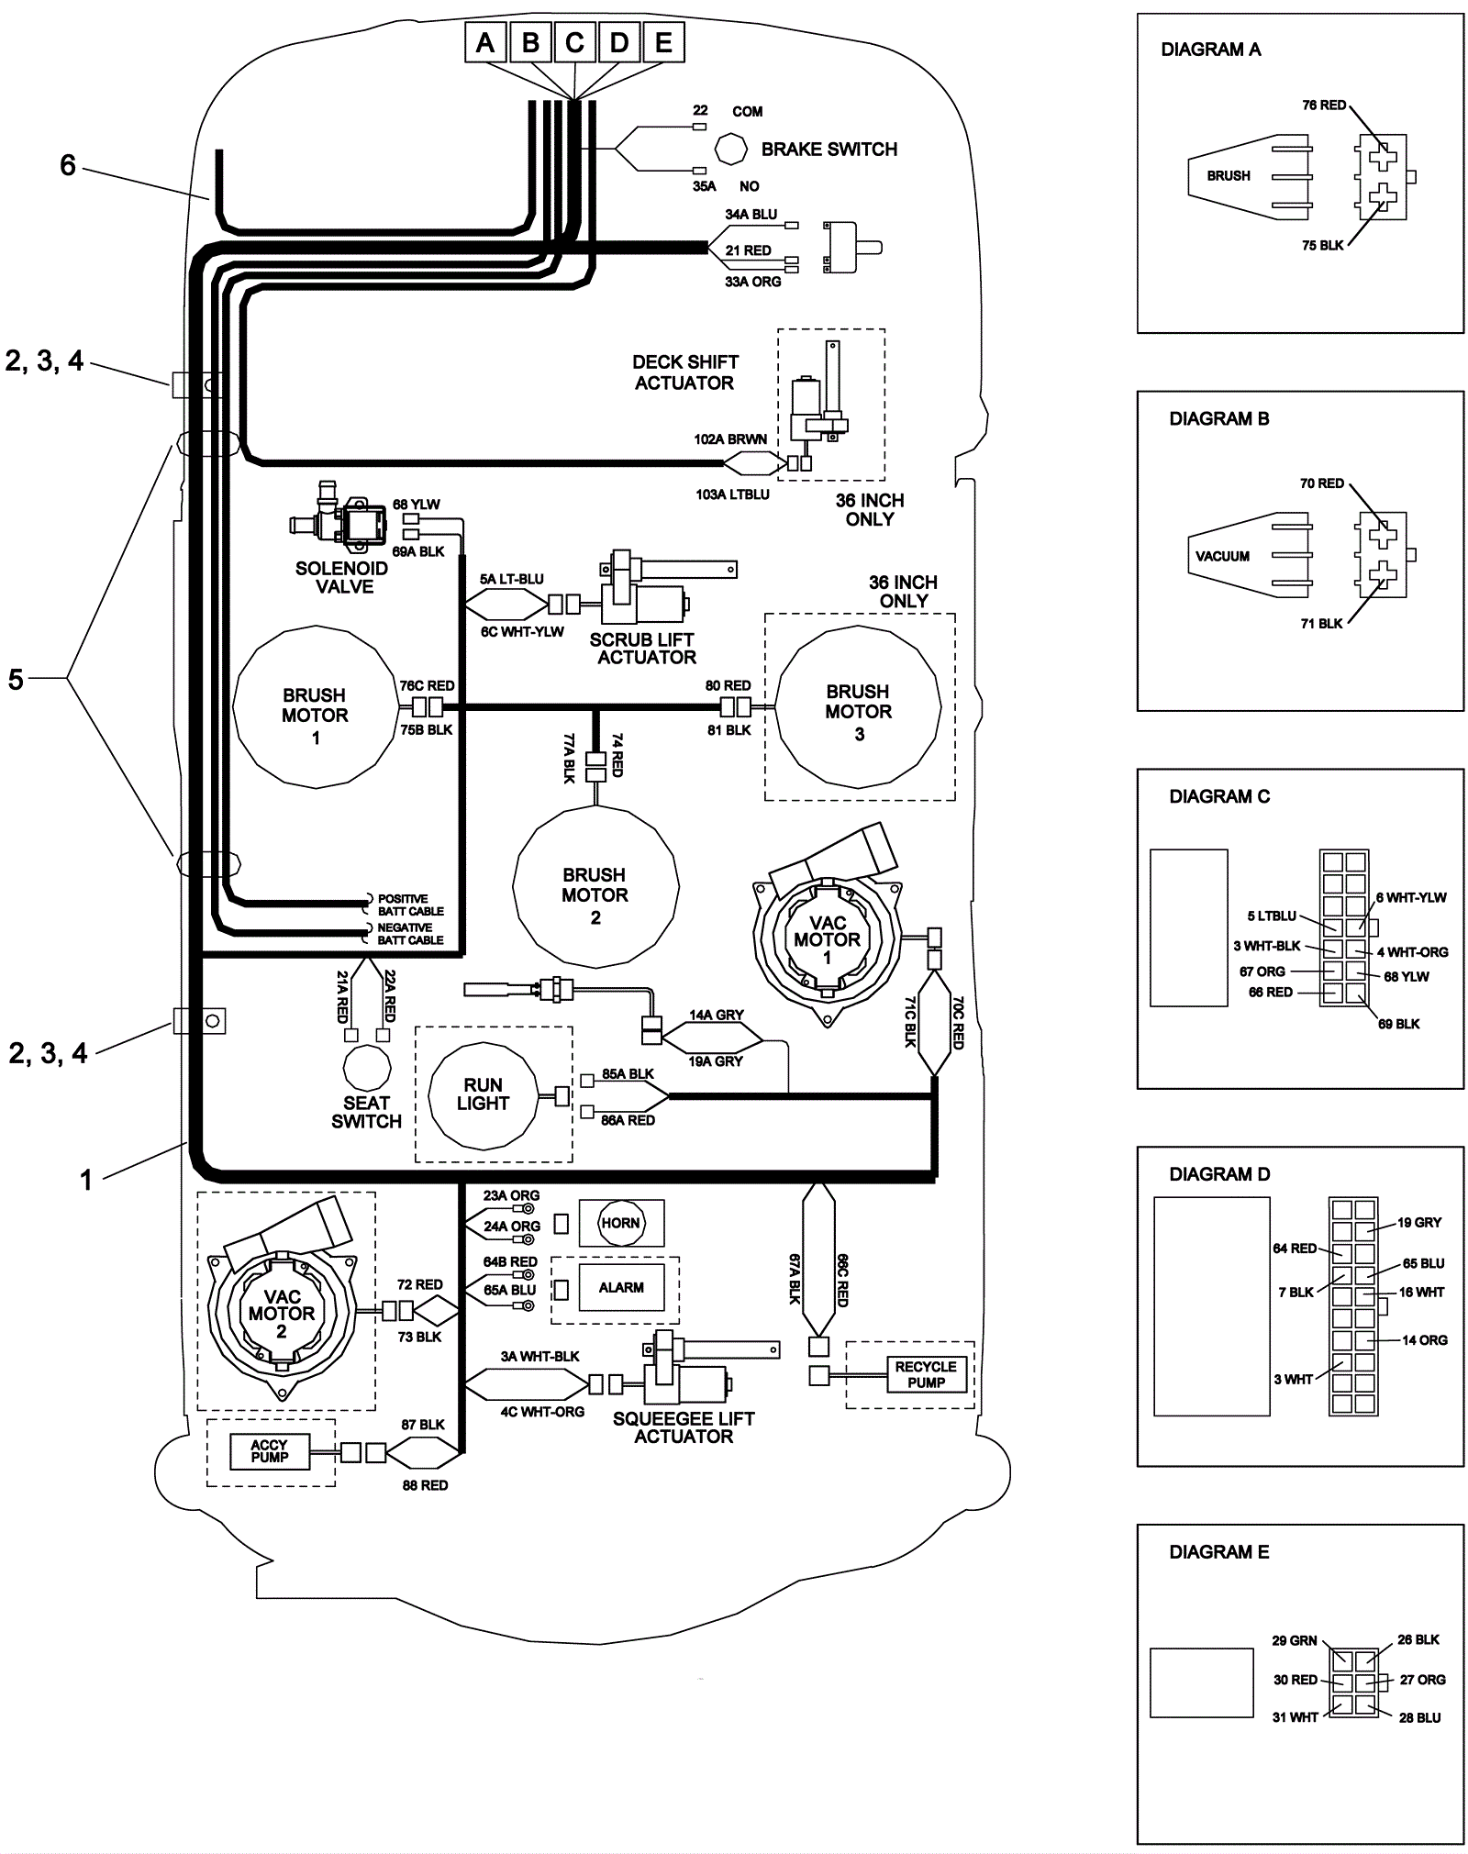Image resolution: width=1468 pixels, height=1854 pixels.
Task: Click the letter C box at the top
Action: (x=574, y=42)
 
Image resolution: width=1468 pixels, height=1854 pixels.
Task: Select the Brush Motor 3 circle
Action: (x=859, y=711)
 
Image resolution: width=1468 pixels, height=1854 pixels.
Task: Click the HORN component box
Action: (x=621, y=1223)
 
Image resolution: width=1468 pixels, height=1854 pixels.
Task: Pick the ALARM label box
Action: (x=621, y=1287)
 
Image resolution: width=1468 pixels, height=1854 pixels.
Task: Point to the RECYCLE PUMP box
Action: (x=926, y=1374)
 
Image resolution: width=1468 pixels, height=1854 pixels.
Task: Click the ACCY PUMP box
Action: (x=270, y=1450)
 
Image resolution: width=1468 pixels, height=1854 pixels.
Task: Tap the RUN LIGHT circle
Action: (x=483, y=1094)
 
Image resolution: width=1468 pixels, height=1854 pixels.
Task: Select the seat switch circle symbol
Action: (x=366, y=1068)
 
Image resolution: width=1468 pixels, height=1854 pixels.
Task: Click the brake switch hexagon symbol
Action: (x=731, y=149)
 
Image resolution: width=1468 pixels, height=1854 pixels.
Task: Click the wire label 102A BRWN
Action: (x=730, y=439)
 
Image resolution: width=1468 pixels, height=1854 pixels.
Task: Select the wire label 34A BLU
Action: (x=751, y=215)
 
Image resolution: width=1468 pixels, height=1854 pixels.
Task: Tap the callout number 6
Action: (x=68, y=165)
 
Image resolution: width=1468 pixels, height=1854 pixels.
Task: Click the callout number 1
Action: (x=86, y=1180)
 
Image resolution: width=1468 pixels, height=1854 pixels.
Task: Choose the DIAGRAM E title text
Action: (x=1218, y=1552)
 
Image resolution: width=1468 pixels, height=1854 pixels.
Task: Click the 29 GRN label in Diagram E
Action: (x=1294, y=1640)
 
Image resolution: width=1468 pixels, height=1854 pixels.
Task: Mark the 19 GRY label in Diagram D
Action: (x=1419, y=1222)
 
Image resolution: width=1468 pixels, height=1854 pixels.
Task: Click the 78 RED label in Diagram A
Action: (x=1324, y=105)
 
